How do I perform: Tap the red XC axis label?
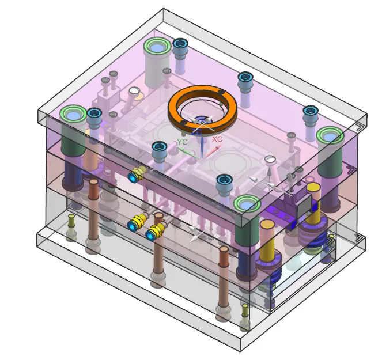pyautogui.click(x=217, y=139)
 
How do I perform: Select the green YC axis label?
pyautogui.click(x=182, y=142)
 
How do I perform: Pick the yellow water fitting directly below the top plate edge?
pyautogui.click(x=137, y=174)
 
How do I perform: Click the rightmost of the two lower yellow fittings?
pyautogui.click(x=155, y=232)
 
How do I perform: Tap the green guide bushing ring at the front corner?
pyautogui.click(x=247, y=204)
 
